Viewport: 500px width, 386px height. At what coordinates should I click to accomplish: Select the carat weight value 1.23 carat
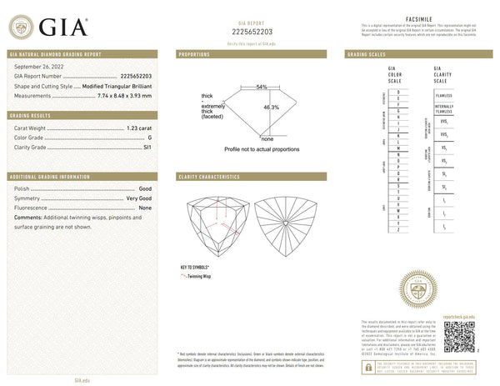coord(139,128)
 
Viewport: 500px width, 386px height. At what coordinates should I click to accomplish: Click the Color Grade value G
coord(149,137)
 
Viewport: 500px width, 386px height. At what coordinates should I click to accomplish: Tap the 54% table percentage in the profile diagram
coord(261,87)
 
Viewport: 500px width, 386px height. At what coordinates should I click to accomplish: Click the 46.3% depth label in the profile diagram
coord(271,108)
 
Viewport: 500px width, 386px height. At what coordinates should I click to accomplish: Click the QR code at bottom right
coord(459,336)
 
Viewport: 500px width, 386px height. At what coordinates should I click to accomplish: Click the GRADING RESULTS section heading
coord(82,115)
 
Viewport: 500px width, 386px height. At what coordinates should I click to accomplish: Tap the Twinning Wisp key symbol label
coord(207,274)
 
